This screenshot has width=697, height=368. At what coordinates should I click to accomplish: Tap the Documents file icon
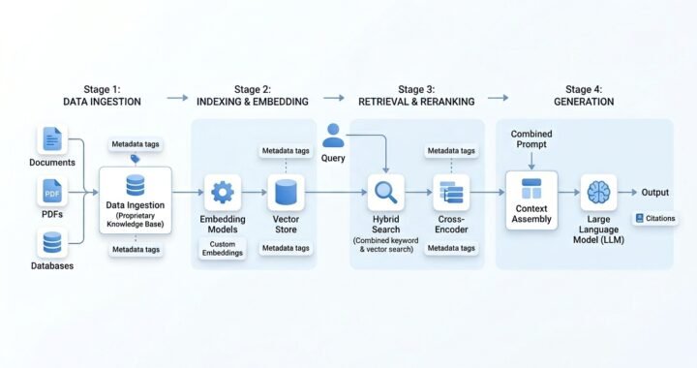tap(52, 139)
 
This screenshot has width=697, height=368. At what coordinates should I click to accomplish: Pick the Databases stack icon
tap(52, 242)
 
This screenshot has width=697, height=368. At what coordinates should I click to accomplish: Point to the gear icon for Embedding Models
tap(223, 192)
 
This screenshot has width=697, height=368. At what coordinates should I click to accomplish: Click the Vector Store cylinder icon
tap(285, 192)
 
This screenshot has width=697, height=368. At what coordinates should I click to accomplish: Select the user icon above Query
tap(333, 133)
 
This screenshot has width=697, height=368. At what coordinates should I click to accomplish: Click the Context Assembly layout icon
tap(531, 189)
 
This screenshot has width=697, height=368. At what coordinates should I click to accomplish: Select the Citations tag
tap(655, 219)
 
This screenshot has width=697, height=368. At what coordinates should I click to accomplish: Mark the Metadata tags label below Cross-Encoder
tap(451, 249)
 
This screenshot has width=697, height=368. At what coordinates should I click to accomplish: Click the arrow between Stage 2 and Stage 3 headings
tap(334, 97)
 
